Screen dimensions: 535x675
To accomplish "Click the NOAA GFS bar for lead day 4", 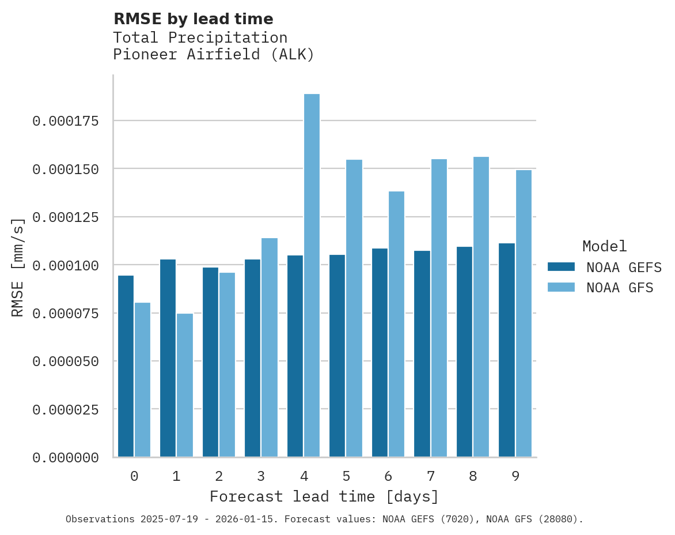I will pos(312,276).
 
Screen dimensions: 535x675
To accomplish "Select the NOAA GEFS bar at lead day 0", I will pos(126,366).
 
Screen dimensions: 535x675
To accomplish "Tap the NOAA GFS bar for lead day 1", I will pos(185,385).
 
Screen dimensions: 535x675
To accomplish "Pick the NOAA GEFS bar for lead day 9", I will pos(507,350).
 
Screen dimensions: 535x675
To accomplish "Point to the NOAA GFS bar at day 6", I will pos(396,324).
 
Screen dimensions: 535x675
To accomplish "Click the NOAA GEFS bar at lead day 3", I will pos(253,358).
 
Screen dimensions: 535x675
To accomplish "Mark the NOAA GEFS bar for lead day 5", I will pos(337,356).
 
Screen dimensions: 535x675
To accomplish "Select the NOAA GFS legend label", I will pos(620,288).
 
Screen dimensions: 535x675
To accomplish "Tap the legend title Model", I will pos(604,247).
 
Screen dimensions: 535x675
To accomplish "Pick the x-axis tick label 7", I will pos(430,476).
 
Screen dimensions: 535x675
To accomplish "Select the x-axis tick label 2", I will pos(219,476).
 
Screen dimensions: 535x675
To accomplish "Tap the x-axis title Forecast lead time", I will pos(324,496).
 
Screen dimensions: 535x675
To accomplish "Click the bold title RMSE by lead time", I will pos(193,19).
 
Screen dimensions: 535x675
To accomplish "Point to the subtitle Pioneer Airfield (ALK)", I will pos(214,55).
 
